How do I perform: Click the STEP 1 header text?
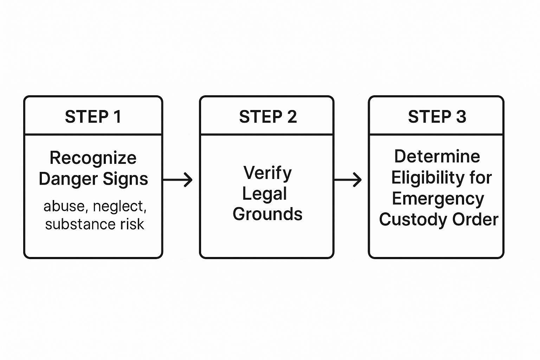point(93,117)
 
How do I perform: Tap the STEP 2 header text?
point(268,117)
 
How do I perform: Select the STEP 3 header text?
point(437,117)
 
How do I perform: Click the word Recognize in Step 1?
point(93,158)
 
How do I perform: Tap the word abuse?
point(64,206)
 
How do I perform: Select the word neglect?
point(120,207)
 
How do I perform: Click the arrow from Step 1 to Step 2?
point(178,180)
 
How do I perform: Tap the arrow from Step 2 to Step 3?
point(348,180)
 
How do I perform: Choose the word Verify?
point(268,173)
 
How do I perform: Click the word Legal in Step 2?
point(265,194)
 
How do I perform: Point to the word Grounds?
point(268,214)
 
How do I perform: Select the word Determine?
point(437,156)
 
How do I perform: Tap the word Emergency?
point(438,199)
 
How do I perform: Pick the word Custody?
point(413,220)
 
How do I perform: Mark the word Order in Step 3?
point(475,219)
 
